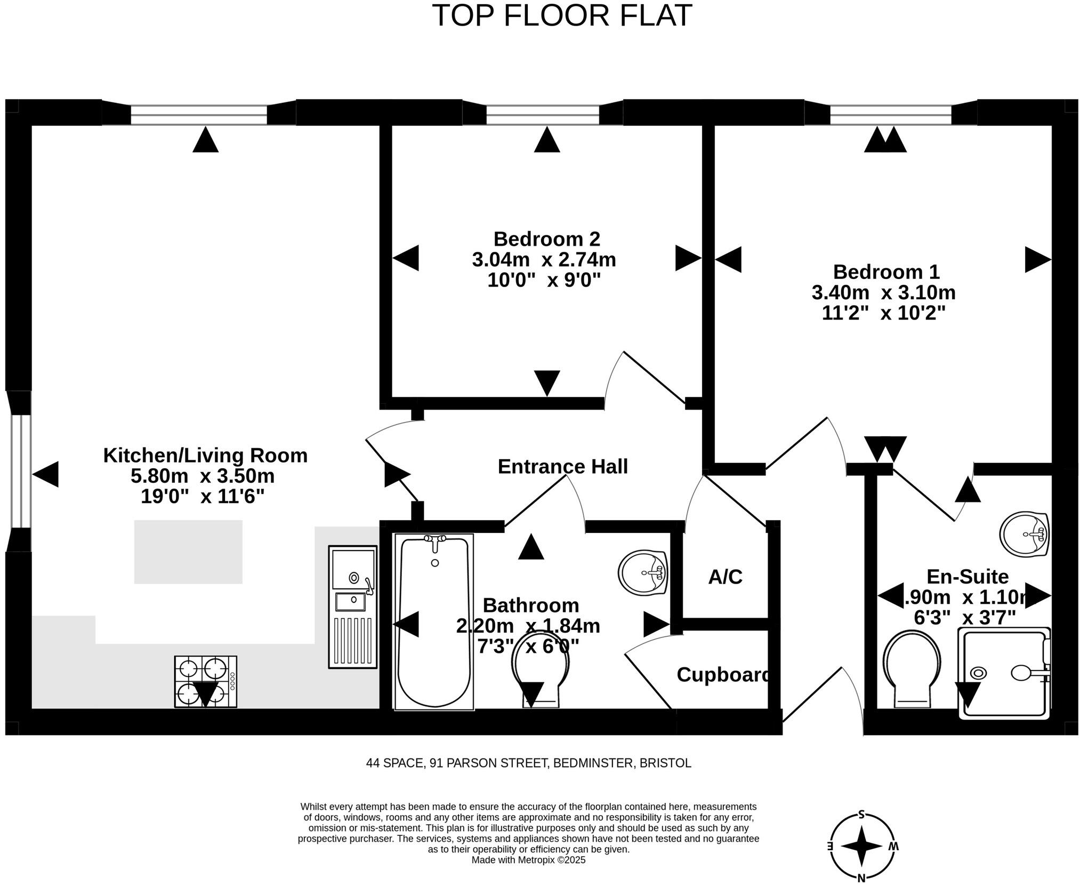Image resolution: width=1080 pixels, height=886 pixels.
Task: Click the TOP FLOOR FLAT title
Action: pyautogui.click(x=561, y=16)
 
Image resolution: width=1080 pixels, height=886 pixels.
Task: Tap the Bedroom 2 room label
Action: pyautogui.click(x=546, y=238)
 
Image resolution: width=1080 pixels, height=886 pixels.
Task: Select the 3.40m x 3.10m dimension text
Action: pyautogui.click(x=883, y=292)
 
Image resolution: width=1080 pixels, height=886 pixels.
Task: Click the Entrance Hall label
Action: pyautogui.click(x=562, y=467)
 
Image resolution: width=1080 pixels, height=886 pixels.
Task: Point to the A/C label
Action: pyautogui.click(x=725, y=577)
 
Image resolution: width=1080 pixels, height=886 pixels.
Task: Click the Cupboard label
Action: pyautogui.click(x=723, y=675)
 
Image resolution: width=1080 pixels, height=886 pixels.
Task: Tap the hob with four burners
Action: pyautogui.click(x=205, y=682)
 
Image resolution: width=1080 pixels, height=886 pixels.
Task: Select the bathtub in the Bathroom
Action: pyautogui.click(x=434, y=621)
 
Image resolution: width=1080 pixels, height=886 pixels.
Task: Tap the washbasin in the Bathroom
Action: pyautogui.click(x=643, y=573)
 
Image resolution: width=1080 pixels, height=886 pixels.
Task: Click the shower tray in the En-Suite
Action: pyautogui.click(x=1004, y=673)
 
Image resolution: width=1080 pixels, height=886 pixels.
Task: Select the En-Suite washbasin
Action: pyautogui.click(x=1024, y=534)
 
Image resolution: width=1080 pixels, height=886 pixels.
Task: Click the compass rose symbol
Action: pyautogui.click(x=862, y=846)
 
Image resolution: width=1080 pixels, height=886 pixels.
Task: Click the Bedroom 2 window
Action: pyautogui.click(x=542, y=114)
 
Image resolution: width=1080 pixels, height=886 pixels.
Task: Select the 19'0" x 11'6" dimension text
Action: pyautogui.click(x=203, y=497)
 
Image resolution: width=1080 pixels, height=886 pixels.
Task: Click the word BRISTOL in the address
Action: pyautogui.click(x=665, y=763)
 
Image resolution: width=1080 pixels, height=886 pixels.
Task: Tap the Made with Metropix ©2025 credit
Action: pyautogui.click(x=528, y=860)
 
